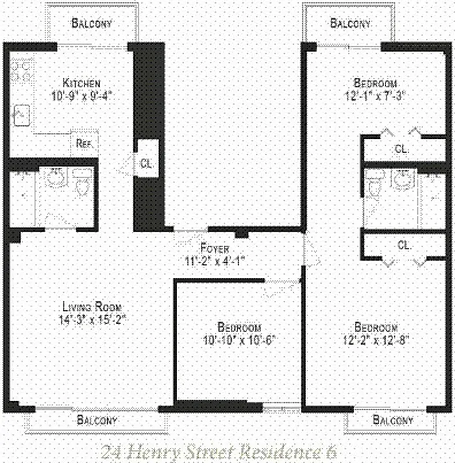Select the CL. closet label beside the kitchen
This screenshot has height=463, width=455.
pos(145,163)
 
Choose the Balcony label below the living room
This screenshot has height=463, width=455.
pos(97,420)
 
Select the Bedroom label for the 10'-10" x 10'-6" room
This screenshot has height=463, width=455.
pos(239,327)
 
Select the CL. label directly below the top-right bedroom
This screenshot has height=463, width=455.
pos(402,149)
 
